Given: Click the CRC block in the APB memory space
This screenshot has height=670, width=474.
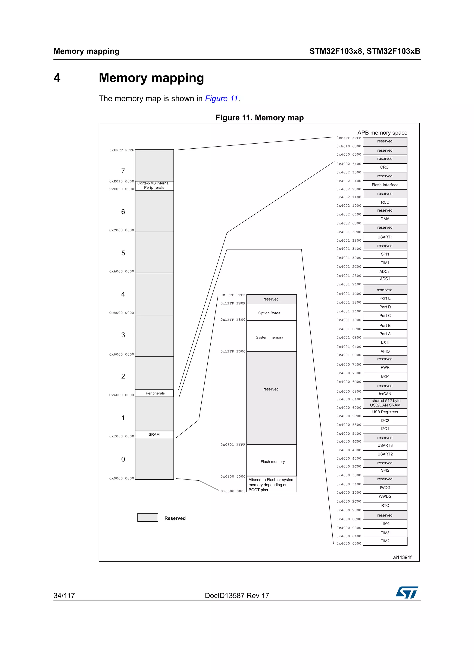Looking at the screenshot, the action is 385,167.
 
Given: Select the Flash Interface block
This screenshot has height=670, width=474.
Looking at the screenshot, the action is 385,185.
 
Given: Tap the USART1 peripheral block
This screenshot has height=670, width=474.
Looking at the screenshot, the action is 385,237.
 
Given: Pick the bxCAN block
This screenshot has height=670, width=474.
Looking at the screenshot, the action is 385,394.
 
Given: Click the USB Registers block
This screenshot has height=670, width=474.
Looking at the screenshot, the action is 385,412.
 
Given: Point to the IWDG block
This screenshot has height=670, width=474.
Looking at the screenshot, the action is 385,488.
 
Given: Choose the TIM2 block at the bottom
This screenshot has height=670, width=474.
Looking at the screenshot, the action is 385,541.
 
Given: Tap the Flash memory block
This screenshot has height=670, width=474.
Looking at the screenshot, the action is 272,462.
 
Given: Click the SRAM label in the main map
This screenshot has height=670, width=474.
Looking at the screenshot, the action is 154,434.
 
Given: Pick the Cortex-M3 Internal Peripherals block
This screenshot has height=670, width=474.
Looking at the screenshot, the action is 154,186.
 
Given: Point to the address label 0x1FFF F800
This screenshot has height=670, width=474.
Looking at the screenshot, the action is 233,320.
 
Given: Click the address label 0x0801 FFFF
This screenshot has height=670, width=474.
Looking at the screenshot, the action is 233,445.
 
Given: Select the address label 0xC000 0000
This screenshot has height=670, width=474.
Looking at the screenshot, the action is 122,230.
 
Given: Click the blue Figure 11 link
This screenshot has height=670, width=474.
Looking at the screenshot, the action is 221,99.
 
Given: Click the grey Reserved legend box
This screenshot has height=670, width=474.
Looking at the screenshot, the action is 148,518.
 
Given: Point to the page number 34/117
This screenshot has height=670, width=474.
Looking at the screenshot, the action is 64,596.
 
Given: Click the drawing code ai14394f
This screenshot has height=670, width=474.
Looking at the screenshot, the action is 402,557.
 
